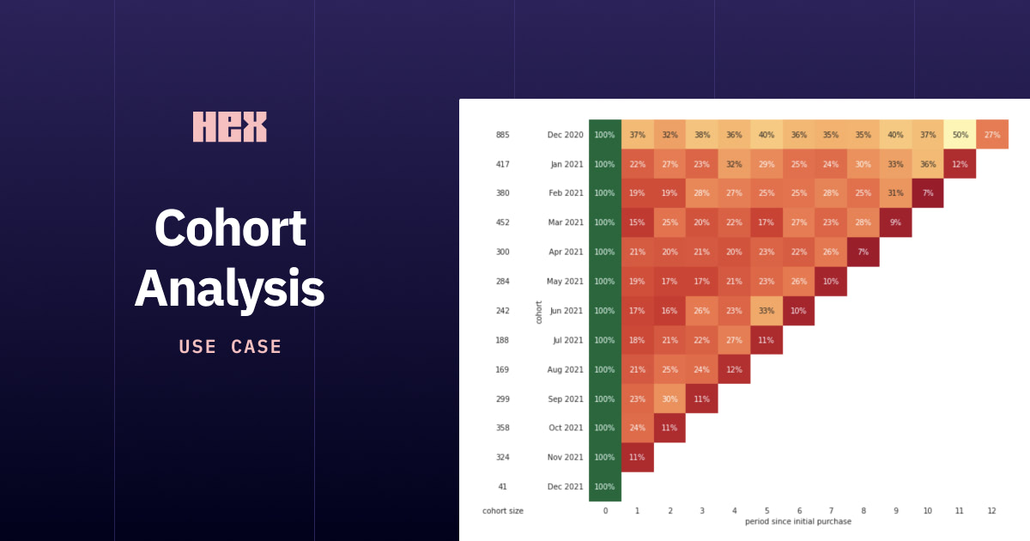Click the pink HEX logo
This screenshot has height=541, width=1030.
(229, 126)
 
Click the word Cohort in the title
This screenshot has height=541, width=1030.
(230, 228)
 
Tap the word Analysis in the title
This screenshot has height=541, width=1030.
(229, 289)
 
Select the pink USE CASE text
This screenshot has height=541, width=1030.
(230, 347)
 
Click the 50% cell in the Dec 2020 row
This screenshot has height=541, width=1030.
(960, 135)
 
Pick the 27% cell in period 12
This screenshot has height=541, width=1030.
(992, 135)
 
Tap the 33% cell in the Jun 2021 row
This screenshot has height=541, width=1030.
(766, 311)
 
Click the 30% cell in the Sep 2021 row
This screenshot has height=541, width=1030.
(669, 398)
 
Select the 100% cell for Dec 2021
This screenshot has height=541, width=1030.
(605, 486)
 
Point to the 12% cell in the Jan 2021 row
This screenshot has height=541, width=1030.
(960, 164)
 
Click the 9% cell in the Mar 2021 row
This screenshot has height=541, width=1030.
(895, 222)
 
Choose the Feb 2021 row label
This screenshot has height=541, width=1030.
(566, 193)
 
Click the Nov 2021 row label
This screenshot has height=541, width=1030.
(566, 457)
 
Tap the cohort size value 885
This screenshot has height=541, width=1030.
(502, 135)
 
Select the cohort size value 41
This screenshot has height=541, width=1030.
(502, 486)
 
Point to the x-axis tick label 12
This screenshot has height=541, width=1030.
(992, 511)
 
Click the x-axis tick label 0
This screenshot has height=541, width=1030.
(605, 511)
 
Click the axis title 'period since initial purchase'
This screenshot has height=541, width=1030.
(798, 521)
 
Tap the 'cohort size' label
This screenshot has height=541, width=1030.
(503, 511)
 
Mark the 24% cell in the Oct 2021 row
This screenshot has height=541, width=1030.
(638, 428)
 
